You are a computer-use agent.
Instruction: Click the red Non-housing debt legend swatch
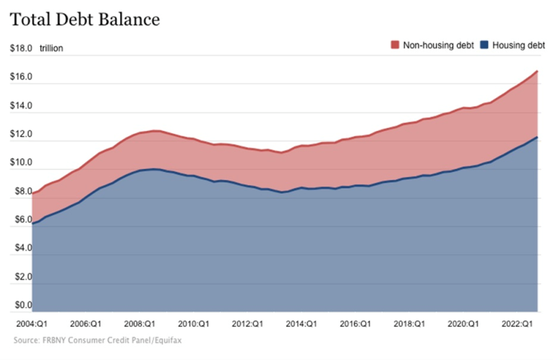point(395,46)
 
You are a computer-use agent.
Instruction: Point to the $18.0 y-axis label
point(20,48)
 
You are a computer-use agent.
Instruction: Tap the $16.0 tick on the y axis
point(20,77)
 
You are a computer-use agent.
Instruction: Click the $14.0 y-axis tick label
point(20,106)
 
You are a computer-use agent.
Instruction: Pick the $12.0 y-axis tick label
point(20,134)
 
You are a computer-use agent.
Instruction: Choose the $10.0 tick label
point(20,163)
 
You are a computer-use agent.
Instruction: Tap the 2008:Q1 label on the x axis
point(140,324)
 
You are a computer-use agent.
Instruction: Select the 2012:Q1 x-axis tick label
point(248,324)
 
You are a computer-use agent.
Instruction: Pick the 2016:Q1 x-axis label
point(355,324)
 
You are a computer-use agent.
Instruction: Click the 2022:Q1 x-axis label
point(518,324)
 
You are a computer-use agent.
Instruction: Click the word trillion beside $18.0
point(51,48)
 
